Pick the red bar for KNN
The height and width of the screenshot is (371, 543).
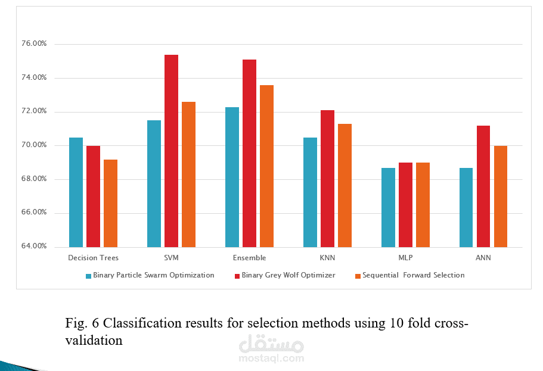(327, 178)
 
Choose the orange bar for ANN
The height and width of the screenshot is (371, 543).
(501, 196)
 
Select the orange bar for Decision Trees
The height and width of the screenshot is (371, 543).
(110, 203)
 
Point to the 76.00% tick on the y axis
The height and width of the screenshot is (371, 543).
(34, 44)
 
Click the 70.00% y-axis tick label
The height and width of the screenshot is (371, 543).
(34, 145)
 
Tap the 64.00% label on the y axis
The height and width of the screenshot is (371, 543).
(34, 247)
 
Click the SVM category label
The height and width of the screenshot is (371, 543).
(171, 258)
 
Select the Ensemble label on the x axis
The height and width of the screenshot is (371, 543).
(250, 258)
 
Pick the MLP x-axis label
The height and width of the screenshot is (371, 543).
(405, 258)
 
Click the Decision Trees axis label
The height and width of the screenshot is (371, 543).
(93, 258)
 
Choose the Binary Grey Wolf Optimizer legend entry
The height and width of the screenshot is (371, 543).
(288, 275)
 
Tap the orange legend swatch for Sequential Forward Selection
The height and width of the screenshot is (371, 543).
(358, 276)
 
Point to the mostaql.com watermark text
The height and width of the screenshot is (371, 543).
(271, 358)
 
